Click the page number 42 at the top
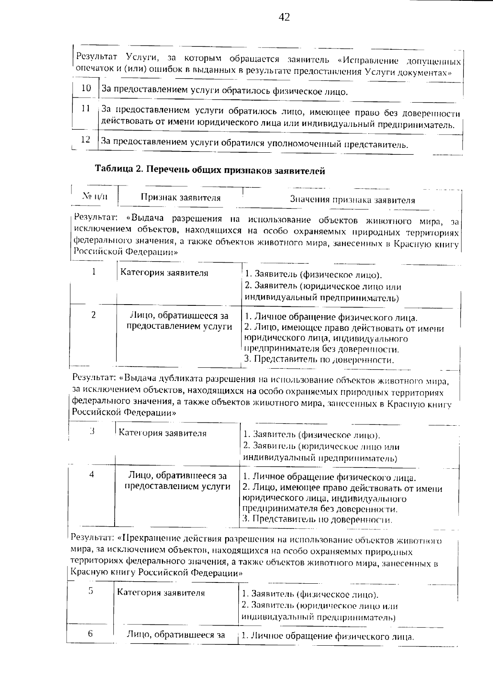284,17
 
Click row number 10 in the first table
86,88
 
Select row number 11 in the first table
86,109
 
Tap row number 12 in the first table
85,140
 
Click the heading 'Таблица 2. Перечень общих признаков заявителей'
210,170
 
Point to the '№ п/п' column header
95,196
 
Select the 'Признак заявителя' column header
181,197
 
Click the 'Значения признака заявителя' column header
352,200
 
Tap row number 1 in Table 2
94,272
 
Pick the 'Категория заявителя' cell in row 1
164,273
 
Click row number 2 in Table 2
94,315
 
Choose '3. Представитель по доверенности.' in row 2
319,360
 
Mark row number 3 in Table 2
92,431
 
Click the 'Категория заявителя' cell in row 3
163,433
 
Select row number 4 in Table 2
92,475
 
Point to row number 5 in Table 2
91,591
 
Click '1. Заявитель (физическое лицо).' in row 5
310,594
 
